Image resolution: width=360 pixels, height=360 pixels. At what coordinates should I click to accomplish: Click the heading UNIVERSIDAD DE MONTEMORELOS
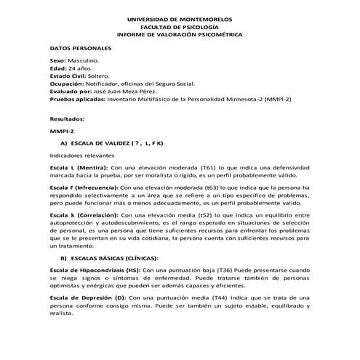click(181, 17)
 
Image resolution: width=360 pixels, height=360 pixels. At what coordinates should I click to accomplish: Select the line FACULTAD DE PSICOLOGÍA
click(181, 26)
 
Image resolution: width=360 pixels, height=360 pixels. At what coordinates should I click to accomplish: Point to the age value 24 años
click(79, 70)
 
